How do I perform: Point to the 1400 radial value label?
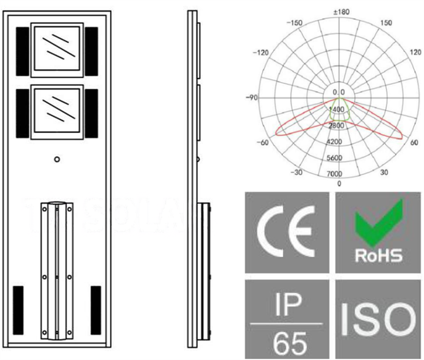337,110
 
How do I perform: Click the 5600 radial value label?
335,158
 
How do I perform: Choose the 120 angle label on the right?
416,52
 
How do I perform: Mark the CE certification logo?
287,232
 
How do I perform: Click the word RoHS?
378,255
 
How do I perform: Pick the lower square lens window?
56,111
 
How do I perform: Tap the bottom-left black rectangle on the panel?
18,310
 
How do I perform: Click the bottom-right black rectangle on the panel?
96,310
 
